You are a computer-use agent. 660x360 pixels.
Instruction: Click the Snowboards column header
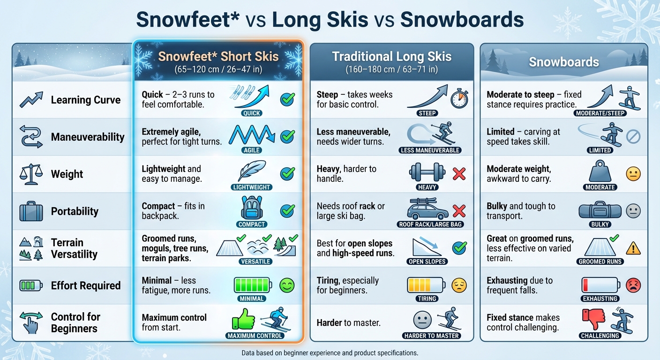(x=564, y=62)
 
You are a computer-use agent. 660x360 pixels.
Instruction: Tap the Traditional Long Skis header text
(x=392, y=57)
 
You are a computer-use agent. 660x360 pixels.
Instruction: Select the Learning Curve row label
(x=85, y=100)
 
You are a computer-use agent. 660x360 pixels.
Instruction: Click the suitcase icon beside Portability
(x=31, y=211)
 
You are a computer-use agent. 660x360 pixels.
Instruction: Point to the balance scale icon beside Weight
(x=31, y=174)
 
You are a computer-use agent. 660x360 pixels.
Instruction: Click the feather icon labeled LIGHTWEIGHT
(x=252, y=172)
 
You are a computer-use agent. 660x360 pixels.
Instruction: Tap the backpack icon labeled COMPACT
(x=252, y=208)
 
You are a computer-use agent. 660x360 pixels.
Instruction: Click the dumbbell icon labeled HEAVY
(x=427, y=172)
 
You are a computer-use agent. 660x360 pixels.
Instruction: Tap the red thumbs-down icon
(x=593, y=320)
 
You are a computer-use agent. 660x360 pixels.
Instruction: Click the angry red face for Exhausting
(x=633, y=285)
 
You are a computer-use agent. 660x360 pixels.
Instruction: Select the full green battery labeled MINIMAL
(x=252, y=285)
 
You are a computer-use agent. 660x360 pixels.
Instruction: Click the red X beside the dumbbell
(x=459, y=174)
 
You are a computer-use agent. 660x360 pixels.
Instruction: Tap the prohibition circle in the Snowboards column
(x=633, y=137)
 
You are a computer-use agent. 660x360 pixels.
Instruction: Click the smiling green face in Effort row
(x=287, y=285)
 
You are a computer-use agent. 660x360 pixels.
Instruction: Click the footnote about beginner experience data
(x=330, y=352)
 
